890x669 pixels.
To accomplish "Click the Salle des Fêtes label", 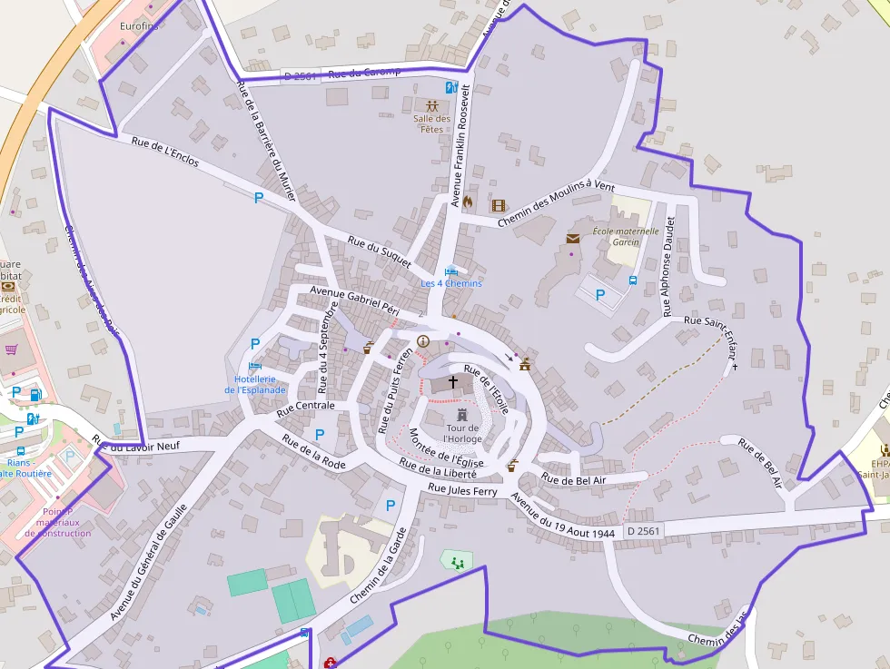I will pos(432,123).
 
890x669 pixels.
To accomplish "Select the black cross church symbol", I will pos(453,383).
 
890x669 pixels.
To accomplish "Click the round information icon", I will pos(422,341).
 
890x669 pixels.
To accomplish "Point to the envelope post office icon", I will pos(573,239).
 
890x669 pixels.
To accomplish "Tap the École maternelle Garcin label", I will pos(625,237).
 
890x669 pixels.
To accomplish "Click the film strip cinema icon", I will pos(498,205).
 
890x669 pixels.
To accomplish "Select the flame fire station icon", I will pos(468,202).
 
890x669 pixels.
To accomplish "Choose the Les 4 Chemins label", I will pos(451,283).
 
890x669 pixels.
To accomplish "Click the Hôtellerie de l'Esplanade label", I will pos(255,384).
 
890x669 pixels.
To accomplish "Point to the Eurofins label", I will pos(139,26).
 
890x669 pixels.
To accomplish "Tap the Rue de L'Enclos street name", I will pos(165,154).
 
